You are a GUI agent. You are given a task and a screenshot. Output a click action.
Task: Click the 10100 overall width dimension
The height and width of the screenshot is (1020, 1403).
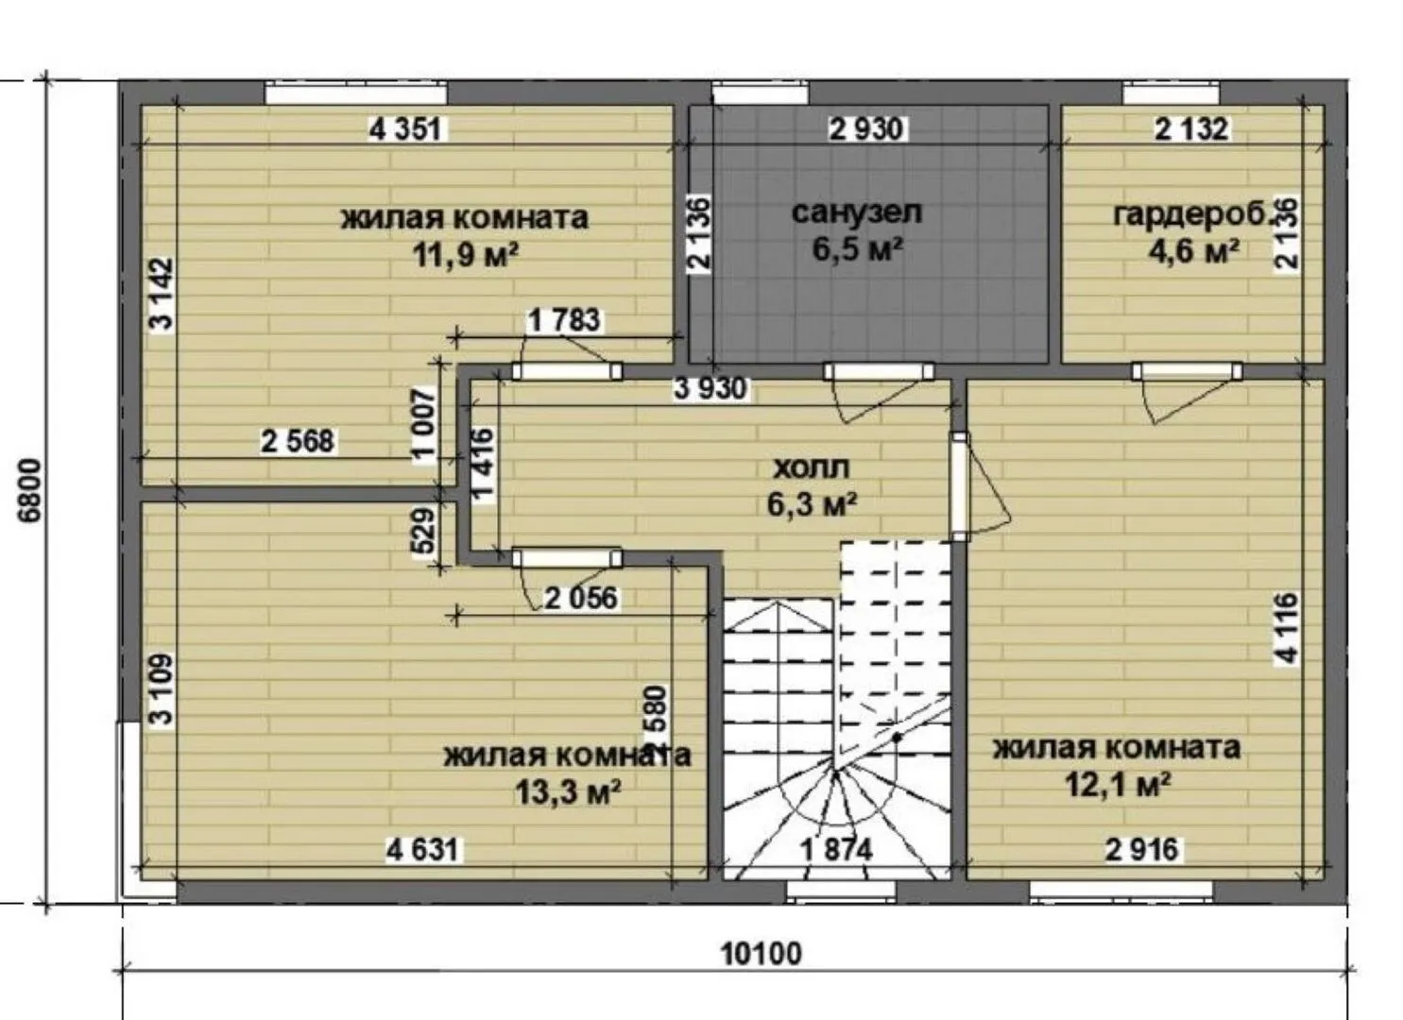tap(761, 954)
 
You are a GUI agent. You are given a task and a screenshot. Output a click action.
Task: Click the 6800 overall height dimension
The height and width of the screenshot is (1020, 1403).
tap(30, 490)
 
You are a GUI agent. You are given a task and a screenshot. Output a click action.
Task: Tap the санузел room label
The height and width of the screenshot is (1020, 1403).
tap(856, 212)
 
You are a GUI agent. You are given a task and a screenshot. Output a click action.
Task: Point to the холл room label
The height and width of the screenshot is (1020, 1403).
tap(812, 467)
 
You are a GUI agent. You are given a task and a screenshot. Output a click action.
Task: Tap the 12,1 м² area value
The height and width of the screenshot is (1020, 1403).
tap(1118, 785)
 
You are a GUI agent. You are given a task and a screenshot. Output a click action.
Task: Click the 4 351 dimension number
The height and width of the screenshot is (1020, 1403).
tap(407, 129)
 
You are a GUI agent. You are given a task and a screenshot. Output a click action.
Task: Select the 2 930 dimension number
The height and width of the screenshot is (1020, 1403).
tap(866, 129)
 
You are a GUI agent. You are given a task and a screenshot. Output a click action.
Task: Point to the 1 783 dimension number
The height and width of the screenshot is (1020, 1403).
tap(564, 320)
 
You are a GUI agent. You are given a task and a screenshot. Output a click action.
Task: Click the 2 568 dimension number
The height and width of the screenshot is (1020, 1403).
tap(298, 441)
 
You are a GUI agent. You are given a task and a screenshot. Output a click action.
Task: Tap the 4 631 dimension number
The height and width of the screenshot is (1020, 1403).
tap(422, 850)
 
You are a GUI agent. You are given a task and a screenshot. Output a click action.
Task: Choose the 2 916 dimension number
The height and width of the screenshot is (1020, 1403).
tap(1141, 849)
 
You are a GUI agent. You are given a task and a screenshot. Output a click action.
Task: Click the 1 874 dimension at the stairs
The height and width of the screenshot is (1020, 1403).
tap(837, 850)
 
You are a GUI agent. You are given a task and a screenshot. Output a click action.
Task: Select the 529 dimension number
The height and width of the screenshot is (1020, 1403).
tap(425, 530)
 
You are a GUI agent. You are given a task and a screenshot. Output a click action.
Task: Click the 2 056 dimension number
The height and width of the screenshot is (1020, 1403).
tap(581, 598)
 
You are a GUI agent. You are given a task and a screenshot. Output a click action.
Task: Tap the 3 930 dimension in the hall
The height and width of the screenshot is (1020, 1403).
tap(710, 388)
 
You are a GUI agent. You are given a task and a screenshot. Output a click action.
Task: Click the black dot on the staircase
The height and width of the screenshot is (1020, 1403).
tap(897, 738)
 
